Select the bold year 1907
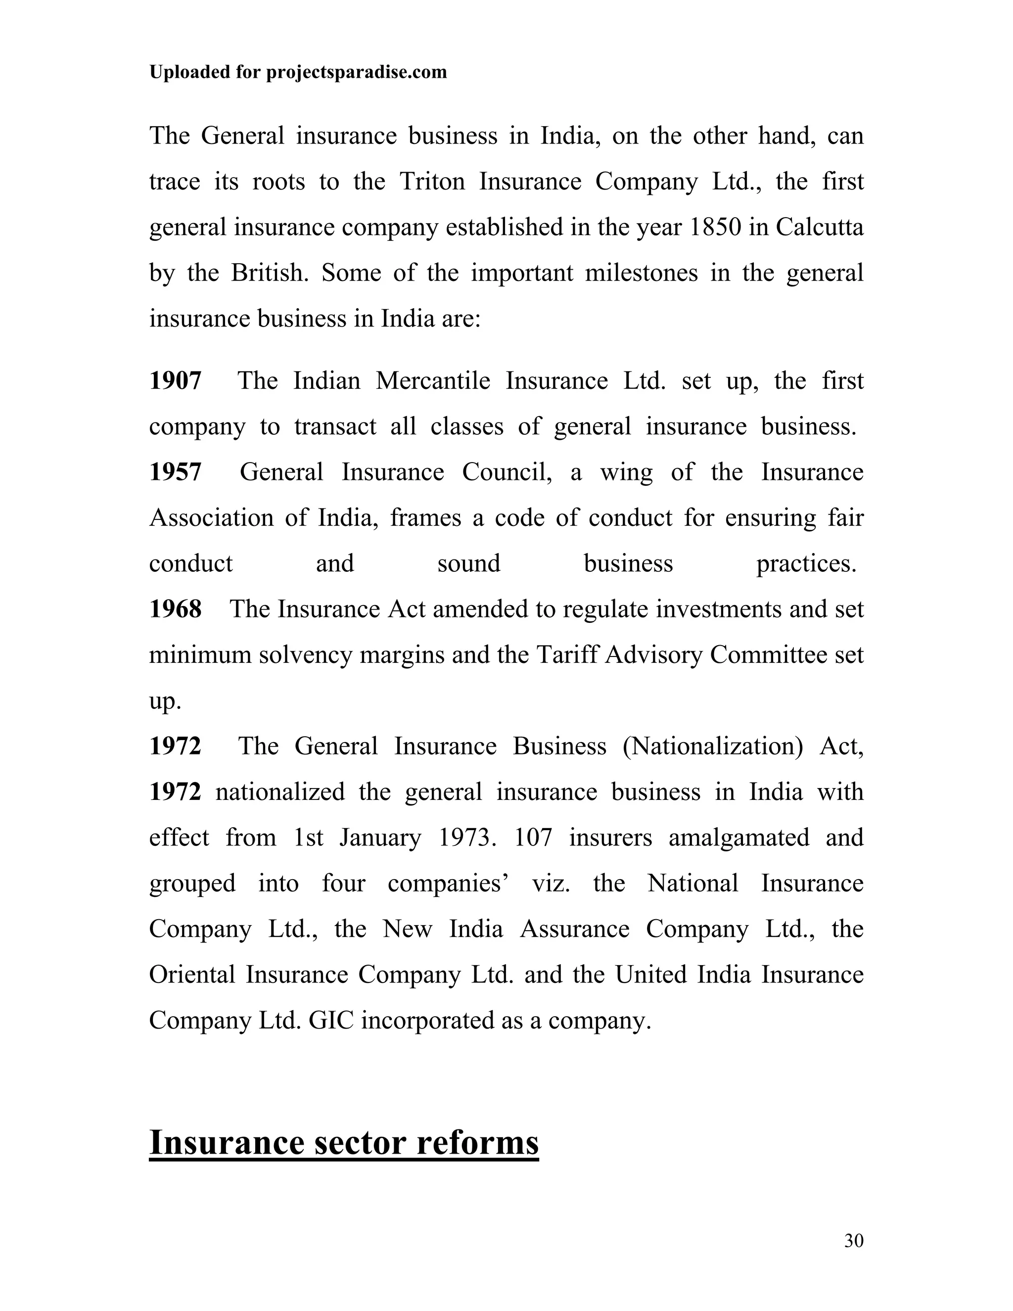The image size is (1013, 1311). pos(175,380)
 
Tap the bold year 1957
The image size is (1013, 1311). pos(175,472)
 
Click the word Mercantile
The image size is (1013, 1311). pos(433,380)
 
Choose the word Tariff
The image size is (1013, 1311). pos(567,655)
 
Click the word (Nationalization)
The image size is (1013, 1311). pos(712,746)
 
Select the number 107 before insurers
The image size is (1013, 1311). pos(533,838)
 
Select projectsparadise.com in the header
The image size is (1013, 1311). pos(357,72)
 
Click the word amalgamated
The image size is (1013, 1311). pos(739,838)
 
